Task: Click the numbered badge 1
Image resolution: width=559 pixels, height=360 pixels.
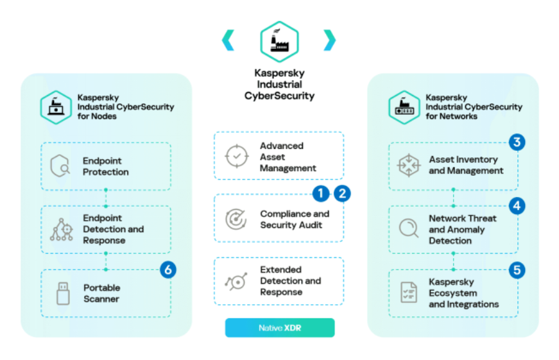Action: [x=321, y=193]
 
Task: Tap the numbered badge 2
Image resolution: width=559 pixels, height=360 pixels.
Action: [x=342, y=193]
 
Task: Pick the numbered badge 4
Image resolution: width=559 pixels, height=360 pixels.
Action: [x=517, y=206]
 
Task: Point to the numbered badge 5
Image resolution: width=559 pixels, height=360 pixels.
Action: [x=517, y=270]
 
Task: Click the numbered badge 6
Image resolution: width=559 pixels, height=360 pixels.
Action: [x=168, y=270]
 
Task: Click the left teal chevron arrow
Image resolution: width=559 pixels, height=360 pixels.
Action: [x=228, y=40]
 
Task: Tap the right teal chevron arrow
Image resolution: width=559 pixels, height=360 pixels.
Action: [x=329, y=40]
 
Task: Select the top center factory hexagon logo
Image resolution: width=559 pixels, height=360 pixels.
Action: [x=279, y=41]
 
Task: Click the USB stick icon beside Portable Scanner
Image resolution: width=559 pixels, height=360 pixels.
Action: [x=62, y=293]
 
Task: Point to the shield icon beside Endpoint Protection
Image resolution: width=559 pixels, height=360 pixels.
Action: [x=61, y=167]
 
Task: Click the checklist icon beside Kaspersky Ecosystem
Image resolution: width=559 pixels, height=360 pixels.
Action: [x=409, y=292]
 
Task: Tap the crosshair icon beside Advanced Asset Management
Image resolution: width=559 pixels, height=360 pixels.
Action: [x=236, y=157]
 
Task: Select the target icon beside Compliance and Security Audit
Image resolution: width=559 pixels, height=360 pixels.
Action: [x=236, y=219]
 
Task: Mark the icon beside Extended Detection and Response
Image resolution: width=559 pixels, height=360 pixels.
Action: [x=236, y=281]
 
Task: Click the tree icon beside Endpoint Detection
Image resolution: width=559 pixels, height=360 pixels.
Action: [x=62, y=229]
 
